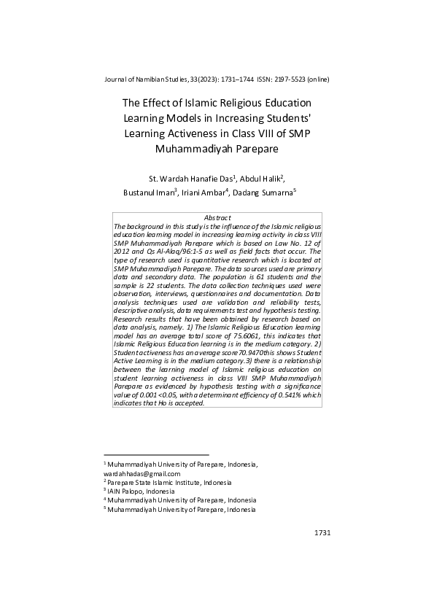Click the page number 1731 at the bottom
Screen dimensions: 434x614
click(322, 533)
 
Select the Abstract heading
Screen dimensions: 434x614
click(217, 218)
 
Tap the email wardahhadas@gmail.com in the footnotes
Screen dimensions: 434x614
click(143, 473)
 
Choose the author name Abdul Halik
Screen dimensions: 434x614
click(261, 179)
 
